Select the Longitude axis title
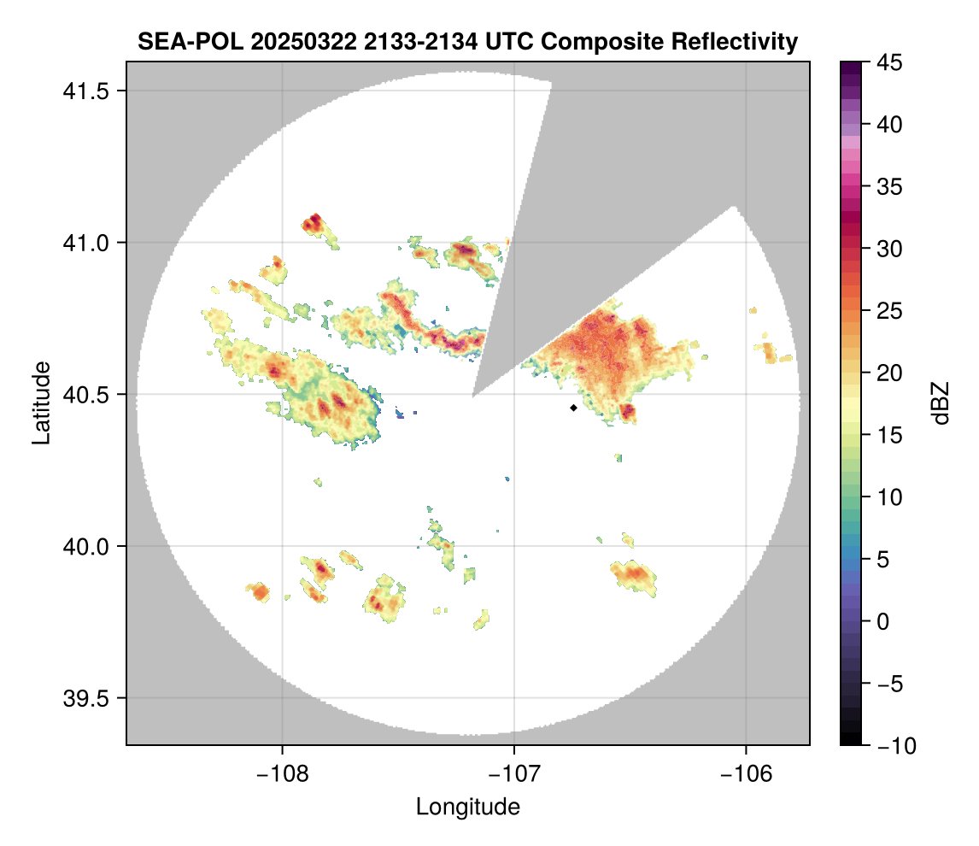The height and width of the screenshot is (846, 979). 467,806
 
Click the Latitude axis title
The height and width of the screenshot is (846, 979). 41,402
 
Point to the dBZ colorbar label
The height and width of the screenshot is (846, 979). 941,402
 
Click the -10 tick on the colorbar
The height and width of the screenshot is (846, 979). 893,746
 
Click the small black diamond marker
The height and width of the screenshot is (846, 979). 573,408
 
